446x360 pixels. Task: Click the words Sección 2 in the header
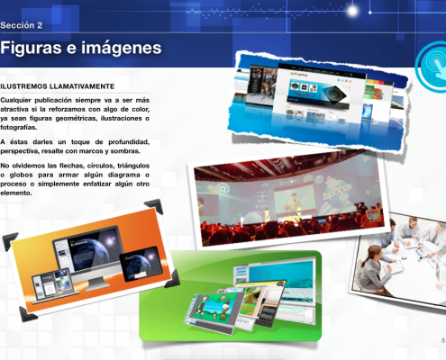click(22, 26)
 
